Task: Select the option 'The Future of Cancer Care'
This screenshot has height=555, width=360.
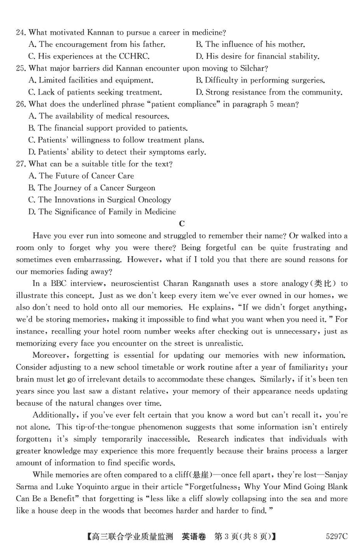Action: click(x=81, y=176)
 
